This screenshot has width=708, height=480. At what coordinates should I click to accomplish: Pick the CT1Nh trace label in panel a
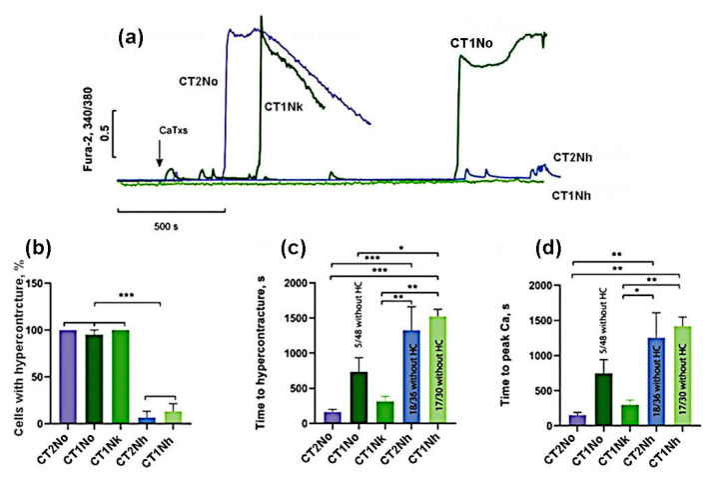[574, 195]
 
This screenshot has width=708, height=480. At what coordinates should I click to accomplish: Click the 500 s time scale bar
[171, 211]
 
